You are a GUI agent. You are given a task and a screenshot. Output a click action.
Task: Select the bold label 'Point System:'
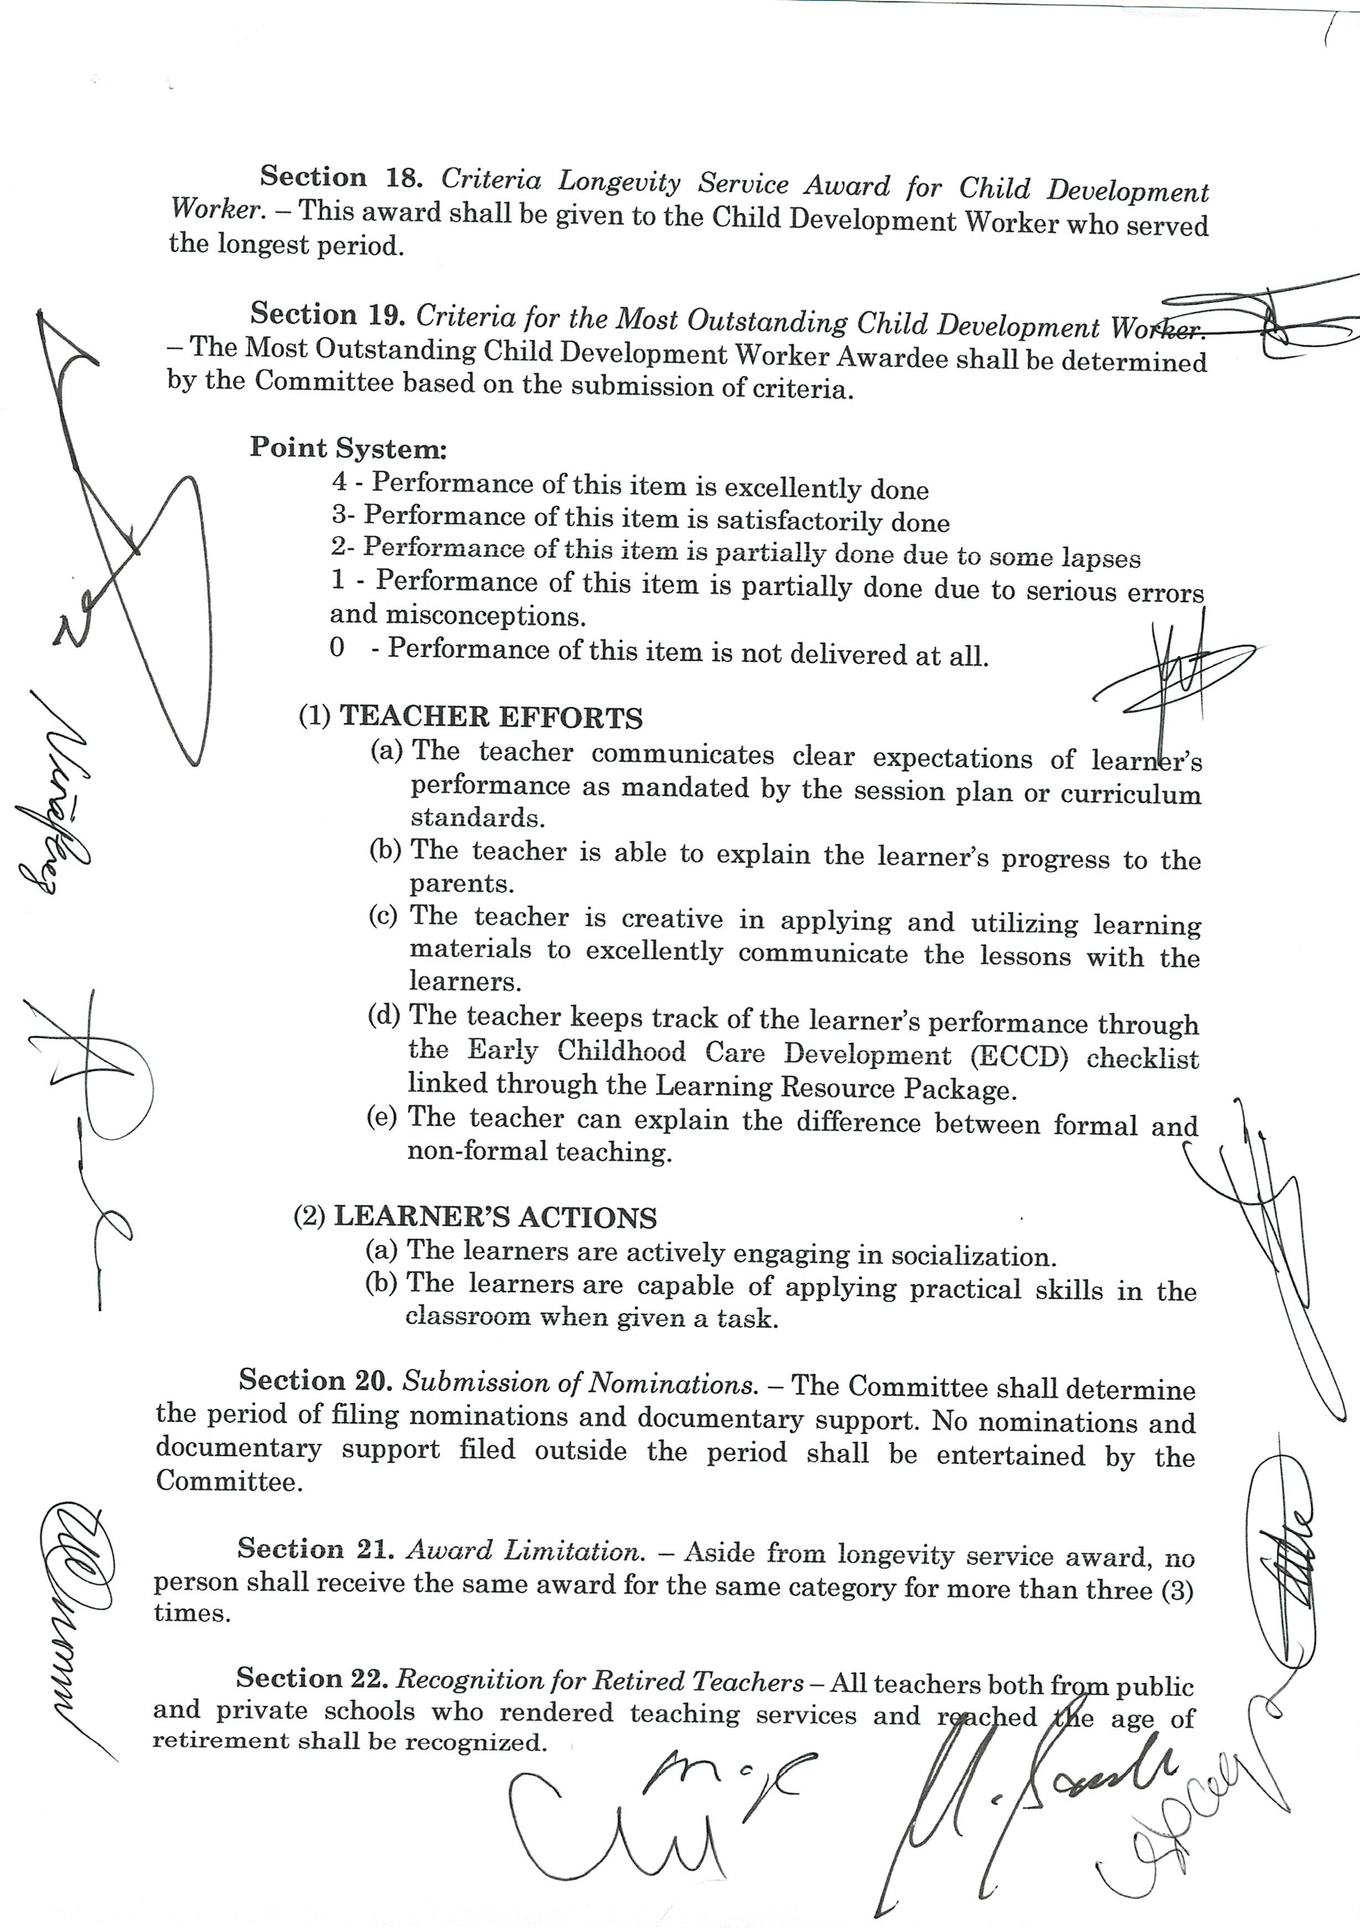[x=348, y=448]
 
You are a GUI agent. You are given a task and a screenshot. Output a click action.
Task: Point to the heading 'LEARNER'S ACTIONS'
[x=495, y=1217]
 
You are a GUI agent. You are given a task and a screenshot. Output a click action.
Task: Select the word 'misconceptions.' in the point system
[x=458, y=615]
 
